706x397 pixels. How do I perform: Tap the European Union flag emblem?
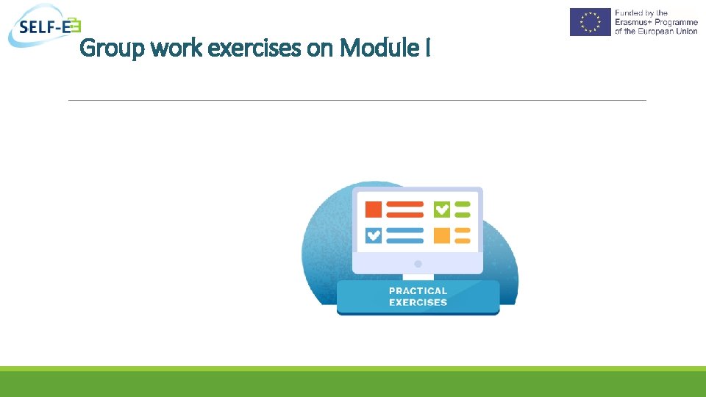pyautogui.click(x=590, y=22)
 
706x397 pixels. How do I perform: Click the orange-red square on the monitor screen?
pyautogui.click(x=374, y=210)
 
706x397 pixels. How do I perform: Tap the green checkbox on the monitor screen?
pyautogui.click(x=441, y=210)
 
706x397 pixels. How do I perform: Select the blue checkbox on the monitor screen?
pyautogui.click(x=374, y=235)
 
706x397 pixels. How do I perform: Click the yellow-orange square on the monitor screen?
pyautogui.click(x=441, y=235)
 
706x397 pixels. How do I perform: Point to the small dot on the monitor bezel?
pyautogui.click(x=418, y=263)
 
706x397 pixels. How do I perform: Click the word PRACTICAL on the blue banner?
pyautogui.click(x=418, y=291)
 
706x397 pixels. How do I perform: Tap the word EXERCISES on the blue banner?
pyautogui.click(x=418, y=303)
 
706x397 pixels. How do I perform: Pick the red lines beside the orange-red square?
pyautogui.click(x=404, y=210)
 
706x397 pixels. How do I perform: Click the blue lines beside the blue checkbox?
pyautogui.click(x=404, y=235)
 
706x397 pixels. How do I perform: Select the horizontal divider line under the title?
pyautogui.click(x=357, y=100)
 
